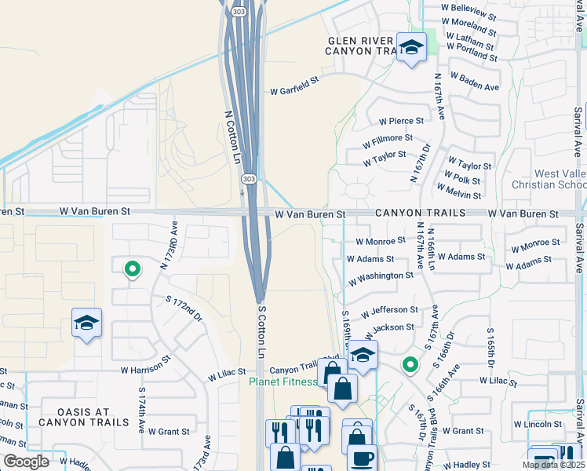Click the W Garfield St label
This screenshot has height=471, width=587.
[x=295, y=91]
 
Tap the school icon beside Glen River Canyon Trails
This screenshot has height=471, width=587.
[x=410, y=49]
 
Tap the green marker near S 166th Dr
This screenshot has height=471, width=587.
[x=409, y=364]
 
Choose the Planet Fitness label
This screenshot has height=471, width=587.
[x=283, y=382]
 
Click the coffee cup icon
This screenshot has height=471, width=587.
[x=362, y=458]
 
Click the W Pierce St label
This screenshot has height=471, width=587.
[x=401, y=121]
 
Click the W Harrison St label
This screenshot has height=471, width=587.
[x=146, y=367]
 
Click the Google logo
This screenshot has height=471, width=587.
[x=27, y=462]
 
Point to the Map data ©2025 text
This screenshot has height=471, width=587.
[x=552, y=465]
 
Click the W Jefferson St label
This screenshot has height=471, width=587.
[x=389, y=312]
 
